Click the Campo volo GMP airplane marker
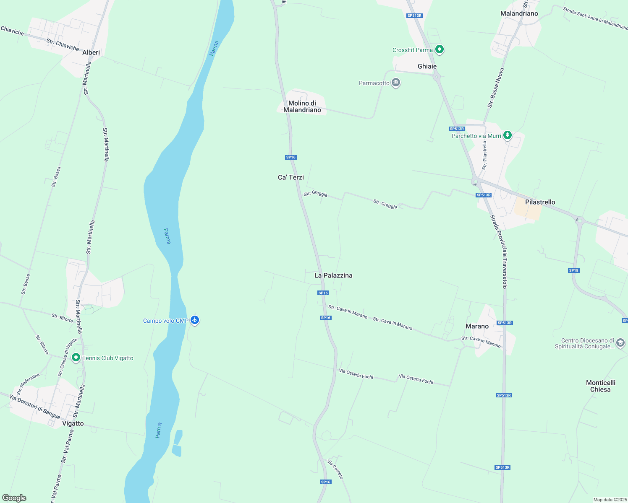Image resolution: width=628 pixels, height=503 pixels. tap(194, 320)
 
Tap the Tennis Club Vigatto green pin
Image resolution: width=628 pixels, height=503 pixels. tap(76, 358)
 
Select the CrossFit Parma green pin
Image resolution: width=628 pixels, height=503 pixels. tap(440, 50)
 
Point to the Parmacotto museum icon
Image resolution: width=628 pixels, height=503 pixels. tap(395, 83)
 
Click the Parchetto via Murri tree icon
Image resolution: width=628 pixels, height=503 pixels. tap(508, 135)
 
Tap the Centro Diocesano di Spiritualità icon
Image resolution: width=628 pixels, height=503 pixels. tap(620, 344)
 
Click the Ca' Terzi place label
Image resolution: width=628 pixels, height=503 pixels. tap(291, 177)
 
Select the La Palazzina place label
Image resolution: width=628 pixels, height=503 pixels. tap(333, 275)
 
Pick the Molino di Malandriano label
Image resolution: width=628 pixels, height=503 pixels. tap(302, 106)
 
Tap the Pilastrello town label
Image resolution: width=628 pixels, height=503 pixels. tap(540, 202)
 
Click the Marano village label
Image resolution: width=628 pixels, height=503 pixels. tap(477, 326)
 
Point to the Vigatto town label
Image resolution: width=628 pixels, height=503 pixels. tap(73, 423)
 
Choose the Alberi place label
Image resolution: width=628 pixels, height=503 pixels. tap(91, 52)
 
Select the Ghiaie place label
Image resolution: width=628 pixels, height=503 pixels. tap(427, 66)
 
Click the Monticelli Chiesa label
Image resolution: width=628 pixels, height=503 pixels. tap(600, 386)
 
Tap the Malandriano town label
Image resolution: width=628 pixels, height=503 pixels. tap(519, 13)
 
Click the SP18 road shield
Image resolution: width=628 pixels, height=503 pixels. tap(574, 270)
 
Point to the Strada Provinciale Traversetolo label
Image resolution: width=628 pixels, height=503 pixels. tap(499, 251)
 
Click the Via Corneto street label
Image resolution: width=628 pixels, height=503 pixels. tap(335, 469)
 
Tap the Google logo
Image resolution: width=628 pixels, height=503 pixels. tap(14, 498)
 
